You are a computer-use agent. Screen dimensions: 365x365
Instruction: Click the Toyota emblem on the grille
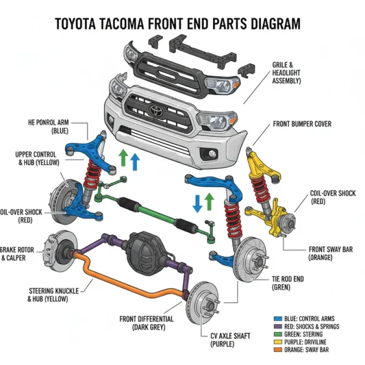tap(155, 110)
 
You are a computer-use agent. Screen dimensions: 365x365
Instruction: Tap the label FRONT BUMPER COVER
tap(302, 124)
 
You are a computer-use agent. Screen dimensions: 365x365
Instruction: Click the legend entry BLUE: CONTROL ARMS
tap(307, 319)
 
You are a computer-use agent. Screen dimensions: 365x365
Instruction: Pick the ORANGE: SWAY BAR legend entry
tap(303, 350)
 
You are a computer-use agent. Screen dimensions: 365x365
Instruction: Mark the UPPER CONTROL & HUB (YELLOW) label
tap(36, 158)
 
